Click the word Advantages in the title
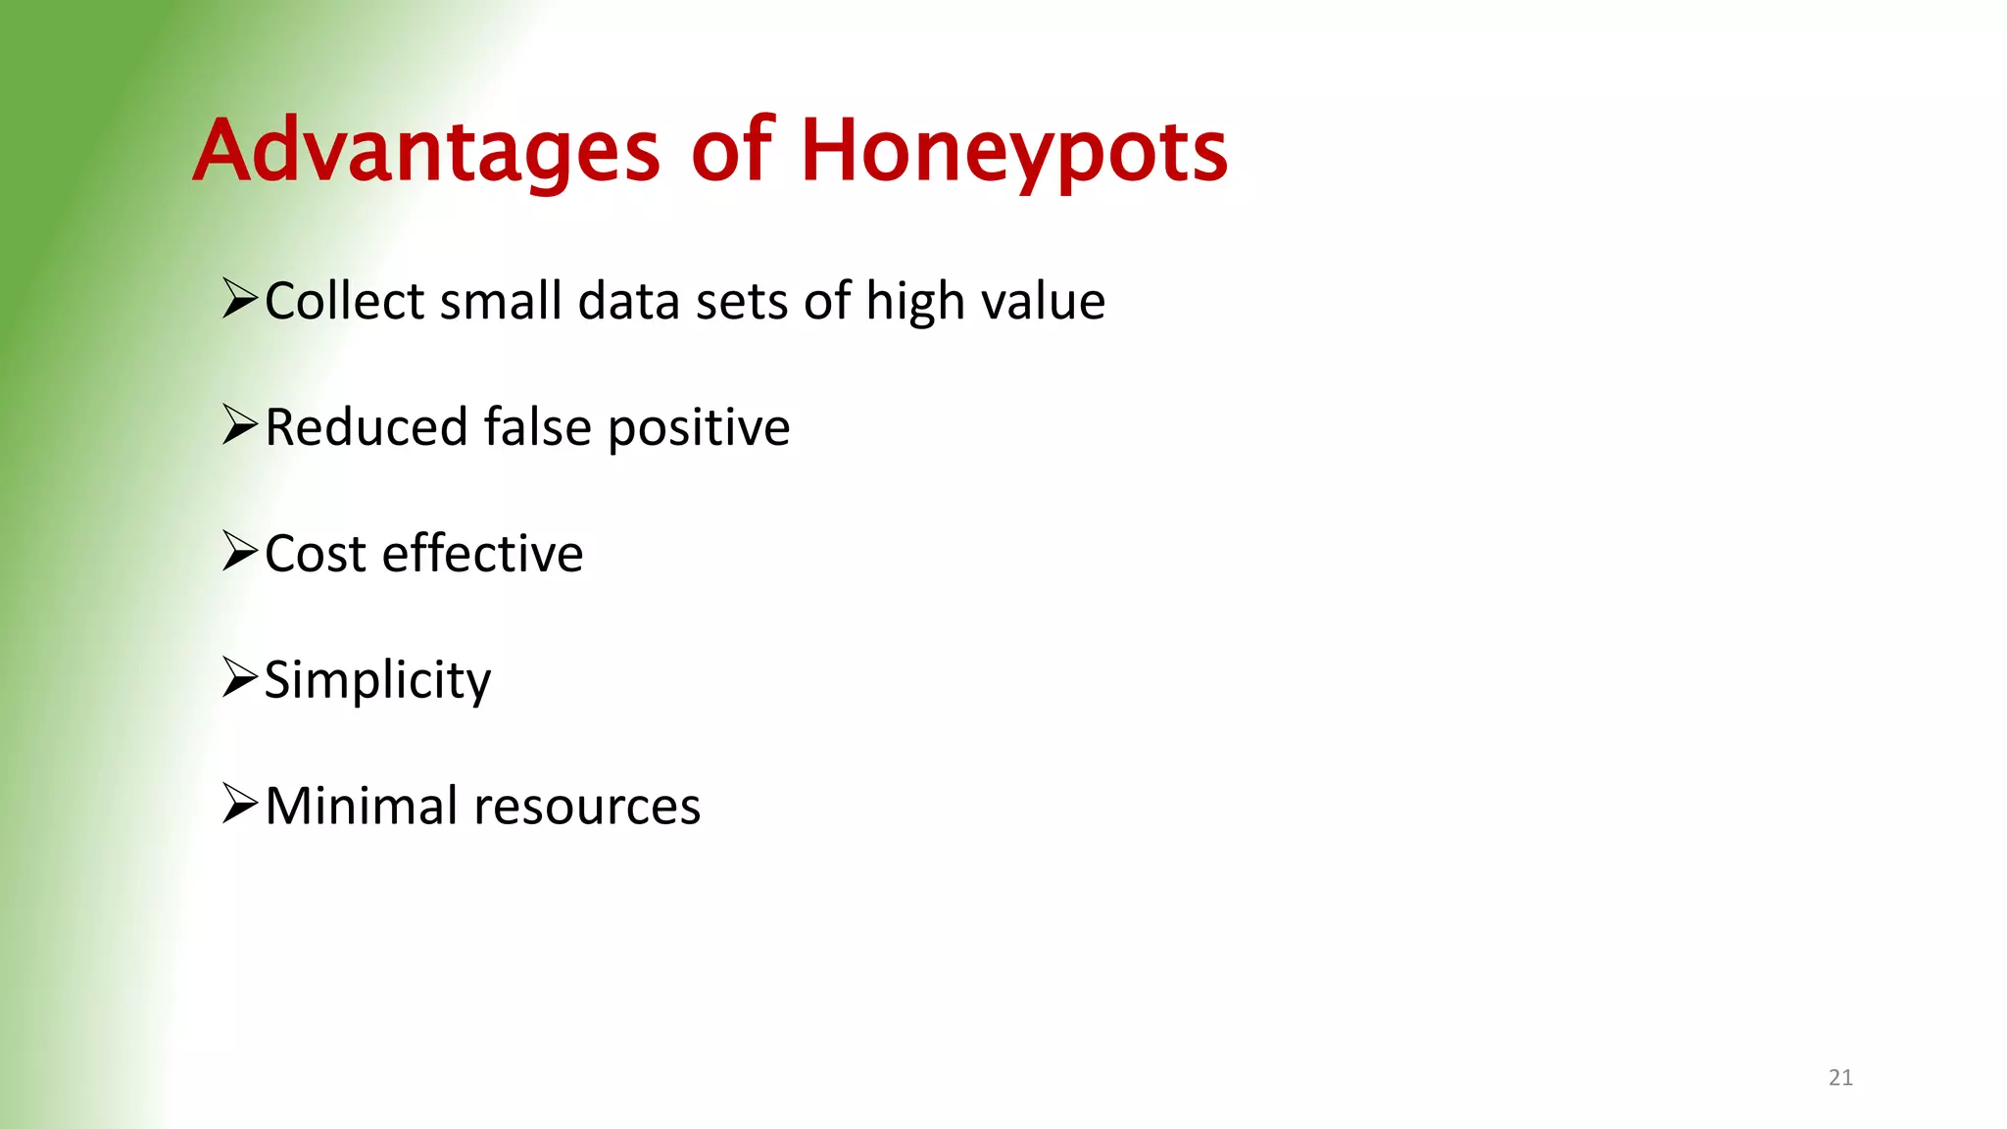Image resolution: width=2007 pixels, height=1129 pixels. click(x=426, y=152)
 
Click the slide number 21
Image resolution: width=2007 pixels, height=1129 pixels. click(x=1840, y=1078)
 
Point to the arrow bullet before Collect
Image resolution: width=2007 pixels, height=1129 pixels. click(x=239, y=298)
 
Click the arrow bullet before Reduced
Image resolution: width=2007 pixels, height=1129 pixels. click(x=239, y=424)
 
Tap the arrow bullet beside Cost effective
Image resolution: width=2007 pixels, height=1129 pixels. click(x=239, y=551)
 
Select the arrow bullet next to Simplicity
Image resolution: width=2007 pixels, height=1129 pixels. click(x=239, y=677)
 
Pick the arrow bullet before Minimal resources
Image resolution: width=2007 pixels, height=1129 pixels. click(x=239, y=804)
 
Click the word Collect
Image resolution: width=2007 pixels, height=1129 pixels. click(x=344, y=301)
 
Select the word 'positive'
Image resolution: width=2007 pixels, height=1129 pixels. click(x=699, y=429)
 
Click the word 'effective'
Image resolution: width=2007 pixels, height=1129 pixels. click(x=482, y=554)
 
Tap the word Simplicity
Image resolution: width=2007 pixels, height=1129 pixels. click(x=377, y=681)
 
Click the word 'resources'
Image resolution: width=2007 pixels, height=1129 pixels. click(x=587, y=809)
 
